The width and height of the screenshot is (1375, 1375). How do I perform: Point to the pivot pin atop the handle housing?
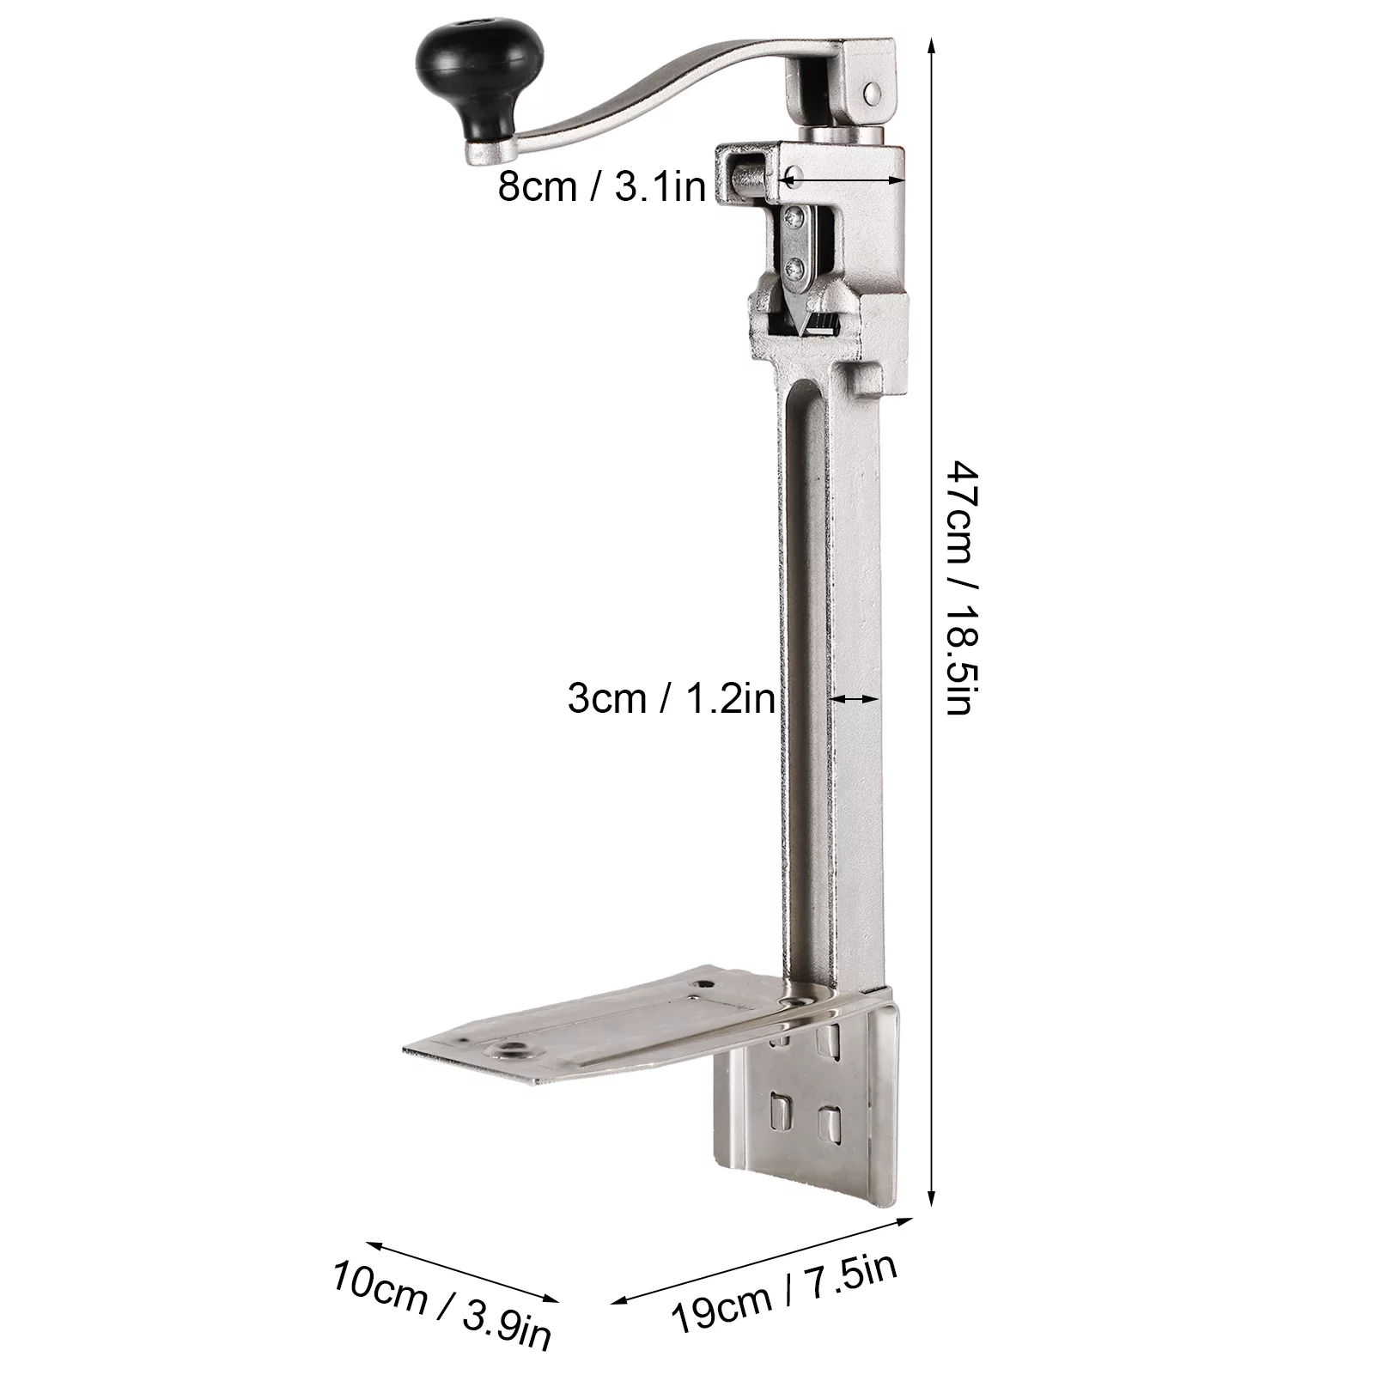point(873,90)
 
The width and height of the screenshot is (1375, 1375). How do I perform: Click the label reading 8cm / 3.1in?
point(601,186)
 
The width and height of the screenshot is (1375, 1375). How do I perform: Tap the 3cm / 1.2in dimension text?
point(671,698)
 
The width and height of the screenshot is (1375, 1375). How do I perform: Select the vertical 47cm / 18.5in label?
point(958,588)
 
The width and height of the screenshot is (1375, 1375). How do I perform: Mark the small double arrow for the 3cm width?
point(853,700)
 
